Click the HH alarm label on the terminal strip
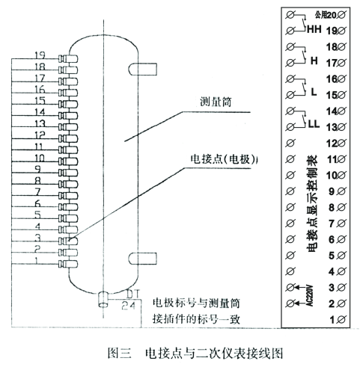click(x=312, y=32)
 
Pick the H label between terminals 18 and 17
click(x=314, y=63)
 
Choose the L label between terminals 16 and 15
click(x=314, y=93)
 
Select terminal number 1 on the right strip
click(x=334, y=319)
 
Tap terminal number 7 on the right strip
click(x=334, y=223)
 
